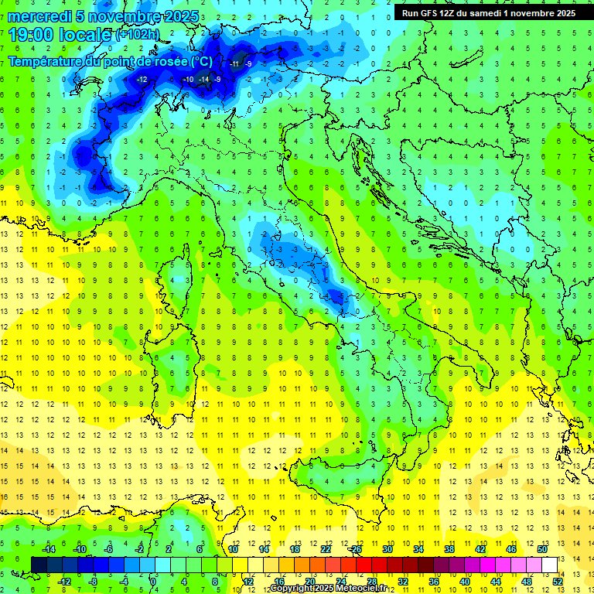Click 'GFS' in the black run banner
click(x=428, y=13)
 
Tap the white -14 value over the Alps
click(x=203, y=80)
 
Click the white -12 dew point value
click(x=142, y=80)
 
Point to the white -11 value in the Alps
click(x=234, y=63)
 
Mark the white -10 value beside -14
click(x=188, y=80)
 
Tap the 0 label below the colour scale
click(x=154, y=581)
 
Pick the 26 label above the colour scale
click(x=357, y=549)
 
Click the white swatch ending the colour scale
click(x=549, y=565)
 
